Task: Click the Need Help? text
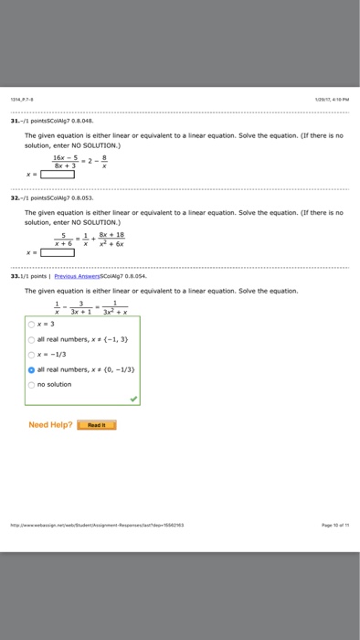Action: point(50,424)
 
